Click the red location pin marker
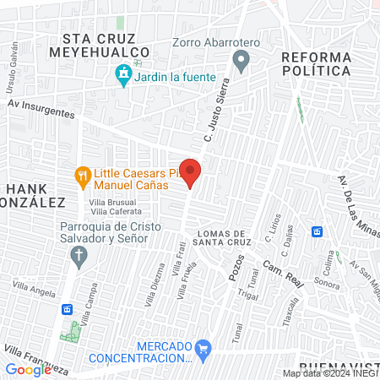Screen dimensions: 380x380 click(191, 172)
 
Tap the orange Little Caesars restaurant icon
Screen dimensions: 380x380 click(82, 176)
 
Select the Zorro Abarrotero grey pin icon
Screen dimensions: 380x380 click(242, 59)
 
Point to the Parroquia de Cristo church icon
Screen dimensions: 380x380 click(79, 255)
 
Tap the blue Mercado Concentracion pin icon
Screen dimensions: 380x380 click(202, 347)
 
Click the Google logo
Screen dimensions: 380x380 click(28, 369)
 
